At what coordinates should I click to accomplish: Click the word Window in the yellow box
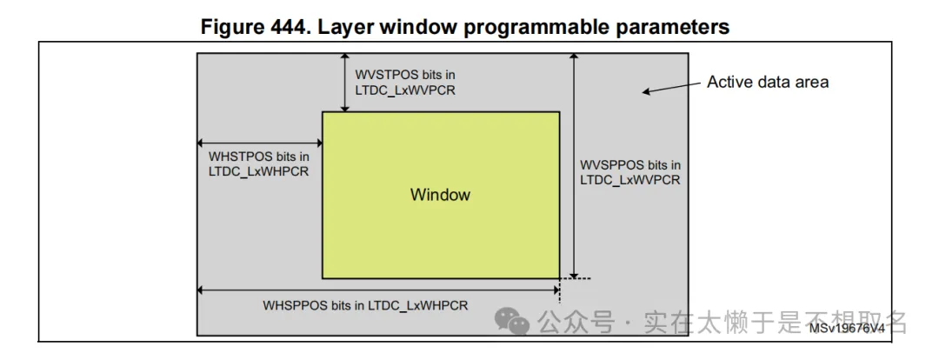pyautogui.click(x=440, y=195)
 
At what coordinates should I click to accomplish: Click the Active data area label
pyautogui.click(x=767, y=83)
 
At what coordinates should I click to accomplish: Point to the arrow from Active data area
pyautogui.click(x=671, y=88)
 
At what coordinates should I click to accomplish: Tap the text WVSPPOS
pyautogui.click(x=614, y=165)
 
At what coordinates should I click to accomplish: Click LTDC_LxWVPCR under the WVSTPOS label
pyautogui.click(x=405, y=90)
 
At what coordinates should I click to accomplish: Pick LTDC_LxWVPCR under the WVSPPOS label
pyautogui.click(x=629, y=180)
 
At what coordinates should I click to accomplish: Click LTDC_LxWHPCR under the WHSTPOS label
pyautogui.click(x=258, y=171)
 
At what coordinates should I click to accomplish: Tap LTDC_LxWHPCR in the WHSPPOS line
pyautogui.click(x=417, y=305)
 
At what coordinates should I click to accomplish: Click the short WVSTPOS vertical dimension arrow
pyautogui.click(x=345, y=83)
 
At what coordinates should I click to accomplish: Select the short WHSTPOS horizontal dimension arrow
pyautogui.click(x=259, y=143)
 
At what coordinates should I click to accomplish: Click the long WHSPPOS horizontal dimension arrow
pyautogui.click(x=378, y=289)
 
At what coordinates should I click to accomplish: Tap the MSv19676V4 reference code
pyautogui.click(x=846, y=328)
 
